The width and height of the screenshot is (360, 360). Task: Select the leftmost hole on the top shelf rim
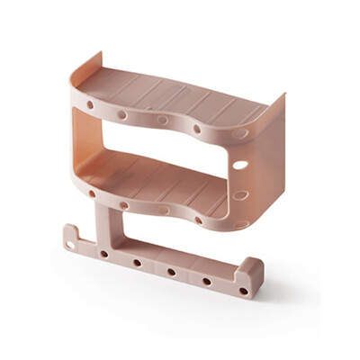coord(90,104)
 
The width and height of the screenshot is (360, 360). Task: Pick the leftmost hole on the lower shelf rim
coord(91,191)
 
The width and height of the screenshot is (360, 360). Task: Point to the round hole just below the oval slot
coord(239,195)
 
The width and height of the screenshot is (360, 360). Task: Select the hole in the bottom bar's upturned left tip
coord(72,240)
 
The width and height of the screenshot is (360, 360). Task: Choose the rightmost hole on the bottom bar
coord(243,291)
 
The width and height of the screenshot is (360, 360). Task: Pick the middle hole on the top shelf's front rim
coord(163,119)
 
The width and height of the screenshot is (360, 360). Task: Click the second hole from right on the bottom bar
coord(208,281)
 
